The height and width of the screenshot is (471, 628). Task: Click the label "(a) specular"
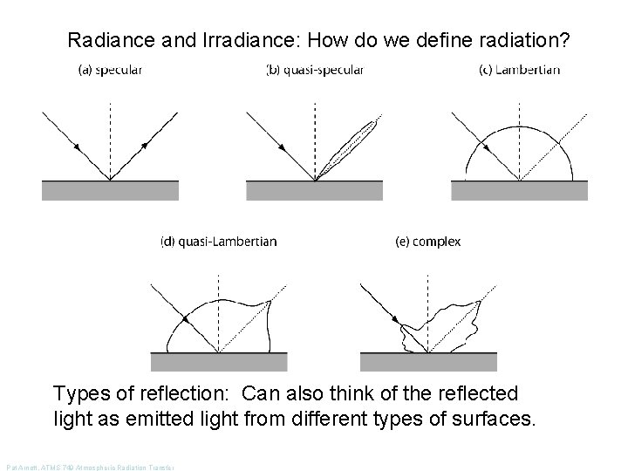110,71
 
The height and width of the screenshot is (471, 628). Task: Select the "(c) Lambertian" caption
520,71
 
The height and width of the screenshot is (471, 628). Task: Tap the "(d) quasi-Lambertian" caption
219,242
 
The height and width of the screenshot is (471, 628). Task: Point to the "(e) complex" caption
428,242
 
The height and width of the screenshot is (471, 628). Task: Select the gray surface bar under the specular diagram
110,190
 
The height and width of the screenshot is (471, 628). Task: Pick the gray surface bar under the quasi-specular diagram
314,190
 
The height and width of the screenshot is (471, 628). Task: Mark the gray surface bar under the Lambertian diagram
520,190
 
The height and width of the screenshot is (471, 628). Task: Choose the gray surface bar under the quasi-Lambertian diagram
219,362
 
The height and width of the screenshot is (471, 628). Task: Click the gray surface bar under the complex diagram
428,362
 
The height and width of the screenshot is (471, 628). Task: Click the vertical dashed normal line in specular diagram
110,131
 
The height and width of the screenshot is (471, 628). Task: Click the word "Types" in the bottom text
80,394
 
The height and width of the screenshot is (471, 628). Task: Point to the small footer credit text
90,468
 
